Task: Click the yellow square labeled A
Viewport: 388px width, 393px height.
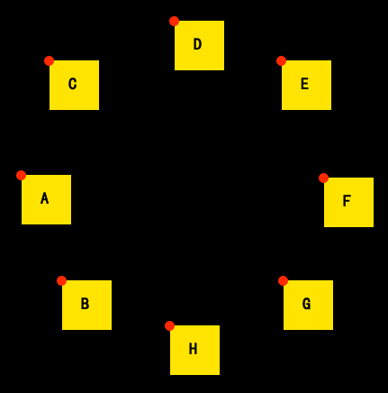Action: click(x=46, y=199)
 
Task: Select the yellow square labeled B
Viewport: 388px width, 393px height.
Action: click(x=86, y=305)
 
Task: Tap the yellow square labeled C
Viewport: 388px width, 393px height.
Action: click(x=74, y=85)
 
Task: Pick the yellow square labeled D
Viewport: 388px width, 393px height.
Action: click(x=199, y=45)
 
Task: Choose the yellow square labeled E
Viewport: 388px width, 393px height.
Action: click(x=306, y=85)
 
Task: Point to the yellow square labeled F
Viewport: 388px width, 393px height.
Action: click(x=348, y=202)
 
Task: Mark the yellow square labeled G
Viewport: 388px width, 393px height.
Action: click(x=308, y=305)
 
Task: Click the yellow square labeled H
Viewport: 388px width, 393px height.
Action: click(x=194, y=350)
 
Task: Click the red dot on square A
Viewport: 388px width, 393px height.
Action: click(x=21, y=175)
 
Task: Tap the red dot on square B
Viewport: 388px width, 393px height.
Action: click(x=61, y=280)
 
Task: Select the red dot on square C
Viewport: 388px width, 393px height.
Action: click(x=49, y=60)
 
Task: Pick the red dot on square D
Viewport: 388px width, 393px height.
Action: click(x=174, y=21)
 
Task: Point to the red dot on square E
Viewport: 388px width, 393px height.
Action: click(x=281, y=60)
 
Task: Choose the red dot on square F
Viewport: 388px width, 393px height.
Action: click(x=323, y=178)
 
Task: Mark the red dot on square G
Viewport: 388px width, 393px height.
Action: click(x=283, y=280)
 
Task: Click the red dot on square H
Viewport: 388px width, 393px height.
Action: click(x=169, y=325)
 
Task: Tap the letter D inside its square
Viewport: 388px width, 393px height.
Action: click(x=197, y=44)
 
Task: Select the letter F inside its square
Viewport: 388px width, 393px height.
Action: click(x=347, y=201)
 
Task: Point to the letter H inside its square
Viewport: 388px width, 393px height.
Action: click(x=193, y=349)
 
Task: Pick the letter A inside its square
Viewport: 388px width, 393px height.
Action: click(x=44, y=198)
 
